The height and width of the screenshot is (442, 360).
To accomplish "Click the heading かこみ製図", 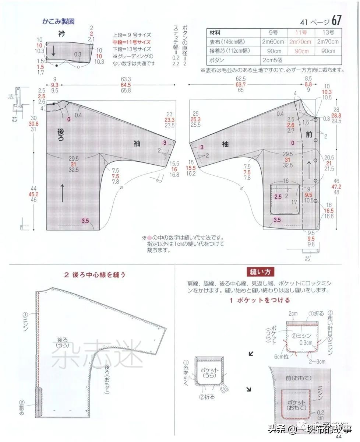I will click(x=58, y=21).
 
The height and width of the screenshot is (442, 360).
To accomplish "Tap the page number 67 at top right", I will click(x=337, y=20).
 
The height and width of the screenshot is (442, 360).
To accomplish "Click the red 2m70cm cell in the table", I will click(x=300, y=42).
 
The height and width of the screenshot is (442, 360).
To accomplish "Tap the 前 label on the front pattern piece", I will click(x=309, y=135).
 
